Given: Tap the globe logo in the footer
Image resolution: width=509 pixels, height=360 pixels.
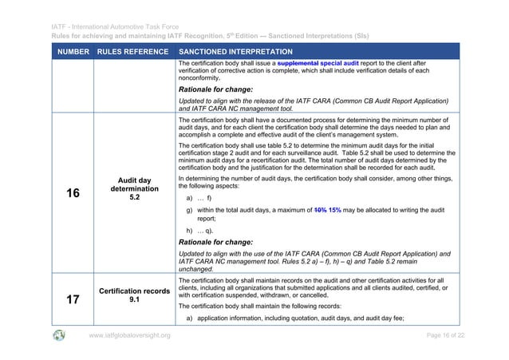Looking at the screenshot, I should click(59, 334).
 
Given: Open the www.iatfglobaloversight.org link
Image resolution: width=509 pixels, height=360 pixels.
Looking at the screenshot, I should click(130, 335).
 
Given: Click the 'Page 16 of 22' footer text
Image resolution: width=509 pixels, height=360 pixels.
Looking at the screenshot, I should click(440, 335).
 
